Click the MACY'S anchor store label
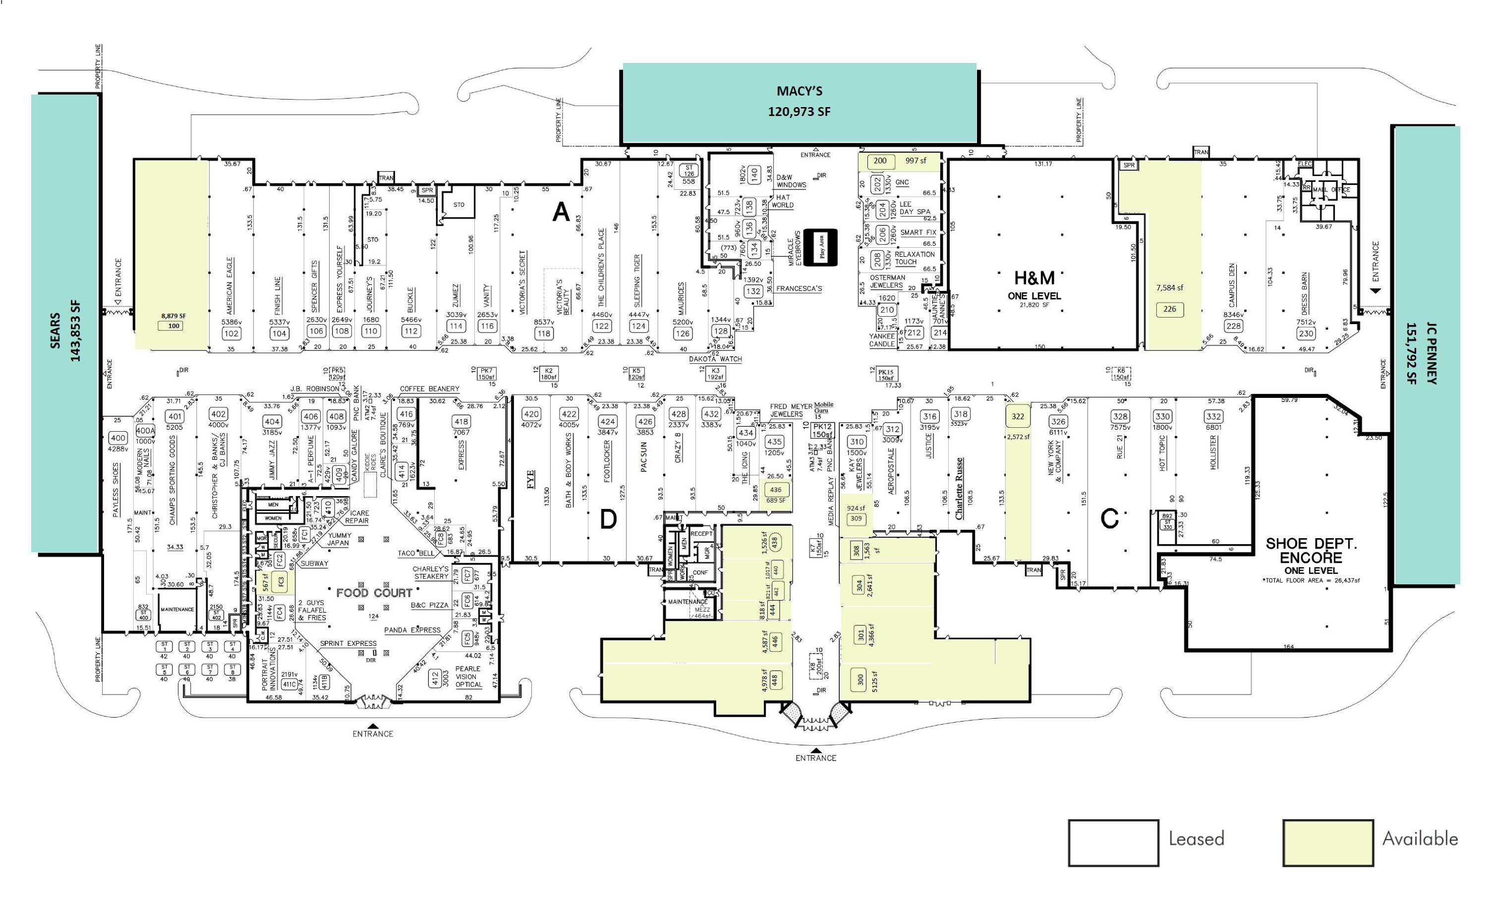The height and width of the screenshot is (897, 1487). tap(799, 92)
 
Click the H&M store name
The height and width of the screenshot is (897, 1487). tap(1034, 278)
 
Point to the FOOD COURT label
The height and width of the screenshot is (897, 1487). tap(374, 593)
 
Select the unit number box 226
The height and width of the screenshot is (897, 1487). tap(1170, 309)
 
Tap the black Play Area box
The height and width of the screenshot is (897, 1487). tap(821, 247)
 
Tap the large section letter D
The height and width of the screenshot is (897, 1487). tap(608, 519)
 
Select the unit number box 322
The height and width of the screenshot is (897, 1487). tap(1018, 416)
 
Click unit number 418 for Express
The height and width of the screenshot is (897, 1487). tap(461, 422)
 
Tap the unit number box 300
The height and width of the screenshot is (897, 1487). tap(860, 679)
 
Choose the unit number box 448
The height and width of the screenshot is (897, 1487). tap(774, 679)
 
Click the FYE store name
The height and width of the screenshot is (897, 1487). tap(531, 480)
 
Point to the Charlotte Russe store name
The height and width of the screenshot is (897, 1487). tap(959, 489)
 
